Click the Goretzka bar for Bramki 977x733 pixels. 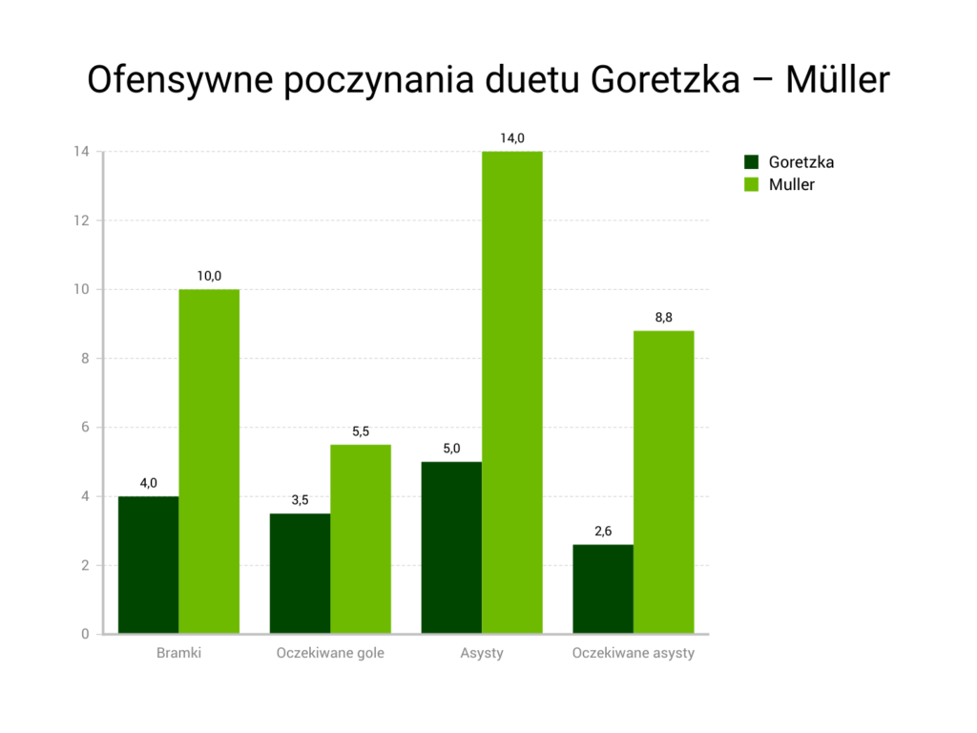tap(148, 564)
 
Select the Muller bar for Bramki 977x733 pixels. tap(209, 461)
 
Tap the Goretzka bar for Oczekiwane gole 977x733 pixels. tap(300, 573)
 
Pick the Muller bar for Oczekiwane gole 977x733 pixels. tap(361, 538)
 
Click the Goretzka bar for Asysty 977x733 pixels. tap(451, 547)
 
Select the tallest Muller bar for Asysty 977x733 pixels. tap(512, 392)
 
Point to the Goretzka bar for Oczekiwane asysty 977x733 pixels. tap(603, 588)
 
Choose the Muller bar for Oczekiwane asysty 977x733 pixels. tap(664, 482)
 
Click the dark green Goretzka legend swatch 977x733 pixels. tap(752, 162)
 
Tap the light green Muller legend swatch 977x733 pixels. tap(752, 184)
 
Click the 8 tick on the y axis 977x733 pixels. tap(85, 359)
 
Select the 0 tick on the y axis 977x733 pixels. tap(85, 634)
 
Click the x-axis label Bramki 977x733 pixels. tap(178, 654)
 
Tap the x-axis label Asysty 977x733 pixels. tap(482, 654)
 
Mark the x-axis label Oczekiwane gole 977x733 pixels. tap(330, 654)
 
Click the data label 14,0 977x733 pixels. tap(512, 138)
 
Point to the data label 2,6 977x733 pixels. tap(603, 532)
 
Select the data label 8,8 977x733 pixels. tap(664, 318)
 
